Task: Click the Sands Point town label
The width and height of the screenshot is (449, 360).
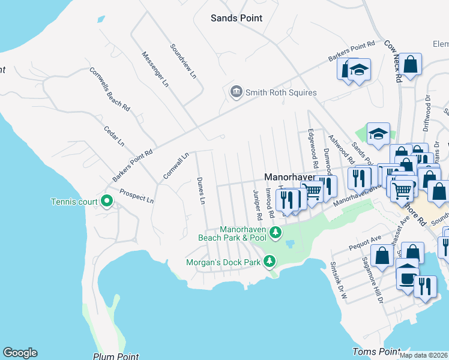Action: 237,18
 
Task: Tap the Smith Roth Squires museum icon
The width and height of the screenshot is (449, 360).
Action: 236,92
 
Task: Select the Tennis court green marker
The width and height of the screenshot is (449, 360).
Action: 107,200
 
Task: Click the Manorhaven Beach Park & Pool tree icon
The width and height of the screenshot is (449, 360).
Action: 276,232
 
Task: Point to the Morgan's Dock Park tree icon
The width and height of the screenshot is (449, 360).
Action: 270,261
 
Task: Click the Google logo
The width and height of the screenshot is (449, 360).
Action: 20,353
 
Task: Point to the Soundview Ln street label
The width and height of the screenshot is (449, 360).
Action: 183,61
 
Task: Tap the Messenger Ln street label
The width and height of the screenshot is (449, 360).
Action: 155,69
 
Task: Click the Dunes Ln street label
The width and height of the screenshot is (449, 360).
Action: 202,191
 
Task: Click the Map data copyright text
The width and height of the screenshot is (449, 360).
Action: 424,355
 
